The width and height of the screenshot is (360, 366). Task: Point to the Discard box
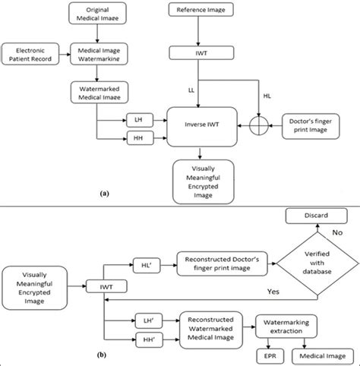pos(311,217)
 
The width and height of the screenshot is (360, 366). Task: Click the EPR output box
pos(270,355)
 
